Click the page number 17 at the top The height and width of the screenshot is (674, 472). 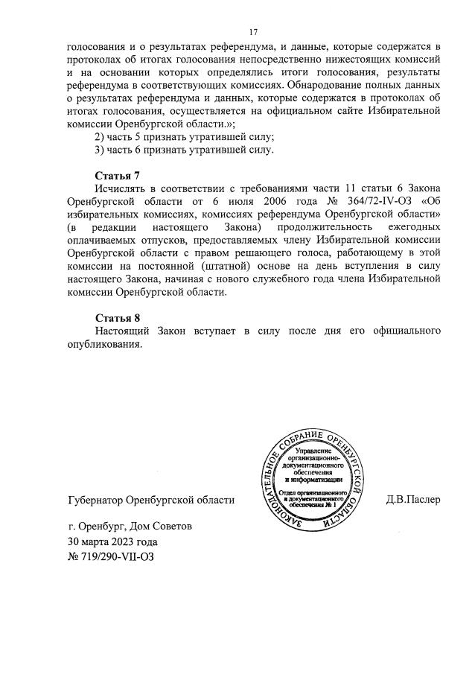point(252,32)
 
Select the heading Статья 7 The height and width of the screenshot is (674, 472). point(118,176)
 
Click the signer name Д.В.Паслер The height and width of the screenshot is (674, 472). point(413,500)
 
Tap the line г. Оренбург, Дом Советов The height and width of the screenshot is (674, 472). point(129,526)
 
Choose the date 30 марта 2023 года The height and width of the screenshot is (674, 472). point(112,541)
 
